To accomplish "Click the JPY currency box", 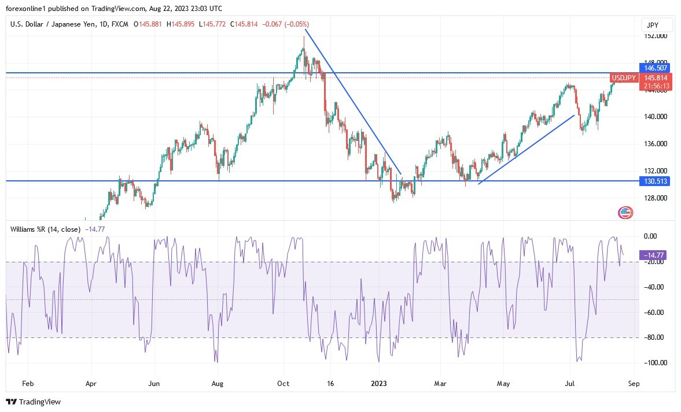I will [x=657, y=25].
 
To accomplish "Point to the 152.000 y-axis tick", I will [x=656, y=36].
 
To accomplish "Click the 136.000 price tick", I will [x=656, y=144].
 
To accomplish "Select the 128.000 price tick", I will [x=656, y=198].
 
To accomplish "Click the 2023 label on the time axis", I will [x=378, y=383].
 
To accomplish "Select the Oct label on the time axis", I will [x=283, y=383].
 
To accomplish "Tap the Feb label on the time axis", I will [x=27, y=383].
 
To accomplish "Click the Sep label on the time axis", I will [x=634, y=383].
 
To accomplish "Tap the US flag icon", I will [x=625, y=213].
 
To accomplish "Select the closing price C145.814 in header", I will [x=244, y=24].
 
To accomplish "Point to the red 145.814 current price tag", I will [x=655, y=78].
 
